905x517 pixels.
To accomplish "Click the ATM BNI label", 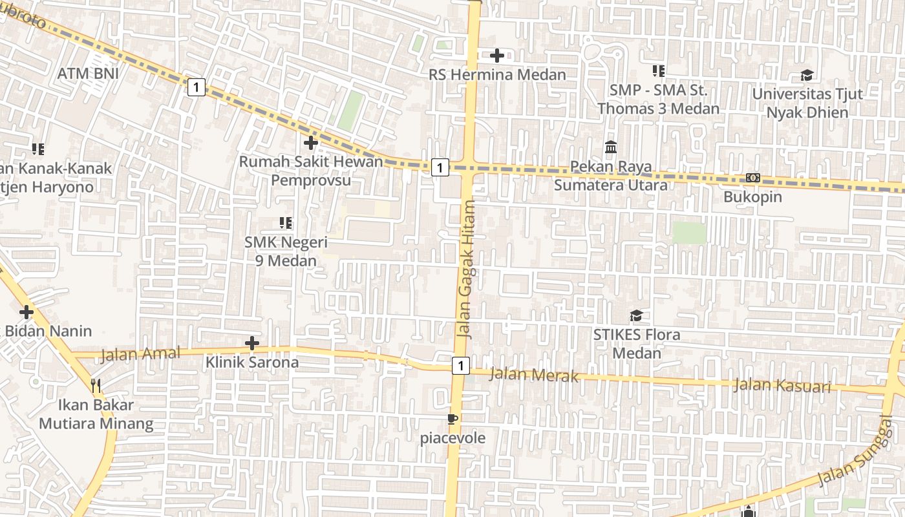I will click(88, 74).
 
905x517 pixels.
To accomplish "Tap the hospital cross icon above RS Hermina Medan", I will click(496, 56).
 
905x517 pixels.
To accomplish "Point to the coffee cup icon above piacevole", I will click(452, 419).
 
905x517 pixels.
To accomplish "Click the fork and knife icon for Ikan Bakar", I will click(96, 386).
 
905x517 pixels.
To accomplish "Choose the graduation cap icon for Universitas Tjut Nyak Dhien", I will click(807, 76).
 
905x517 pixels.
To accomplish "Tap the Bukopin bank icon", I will click(752, 178).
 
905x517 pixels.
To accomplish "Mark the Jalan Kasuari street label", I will click(782, 386).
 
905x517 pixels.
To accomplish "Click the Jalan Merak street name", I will click(534, 374).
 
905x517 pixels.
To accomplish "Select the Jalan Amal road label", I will click(132, 355).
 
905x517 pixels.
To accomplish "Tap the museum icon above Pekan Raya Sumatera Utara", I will click(611, 147).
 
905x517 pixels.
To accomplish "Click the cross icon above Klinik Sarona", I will click(252, 343).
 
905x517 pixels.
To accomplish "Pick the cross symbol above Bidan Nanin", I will click(27, 313).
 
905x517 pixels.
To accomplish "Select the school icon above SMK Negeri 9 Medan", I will click(286, 223).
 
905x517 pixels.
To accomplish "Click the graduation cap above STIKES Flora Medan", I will click(637, 316).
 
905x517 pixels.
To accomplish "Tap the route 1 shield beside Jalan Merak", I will click(460, 366).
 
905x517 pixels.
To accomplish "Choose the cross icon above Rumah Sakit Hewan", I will click(311, 142).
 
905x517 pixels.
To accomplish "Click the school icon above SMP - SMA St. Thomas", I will click(658, 70).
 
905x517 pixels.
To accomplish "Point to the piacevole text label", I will click(452, 438).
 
